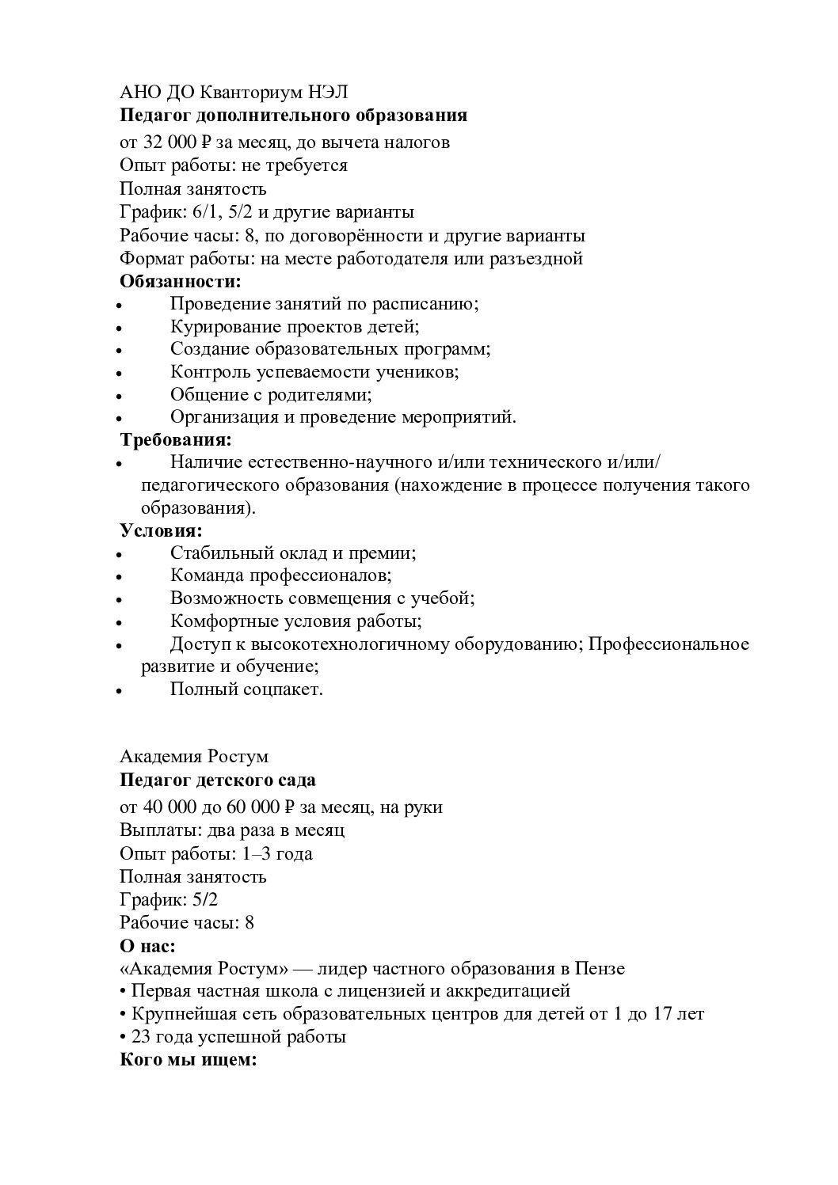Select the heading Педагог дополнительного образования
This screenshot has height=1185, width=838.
[293, 116]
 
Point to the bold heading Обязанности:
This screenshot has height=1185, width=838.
[180, 281]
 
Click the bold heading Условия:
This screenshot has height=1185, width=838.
[162, 530]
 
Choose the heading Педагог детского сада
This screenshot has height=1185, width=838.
[218, 781]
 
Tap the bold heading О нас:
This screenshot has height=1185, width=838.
[147, 946]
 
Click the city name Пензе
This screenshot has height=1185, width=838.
[601, 969]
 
